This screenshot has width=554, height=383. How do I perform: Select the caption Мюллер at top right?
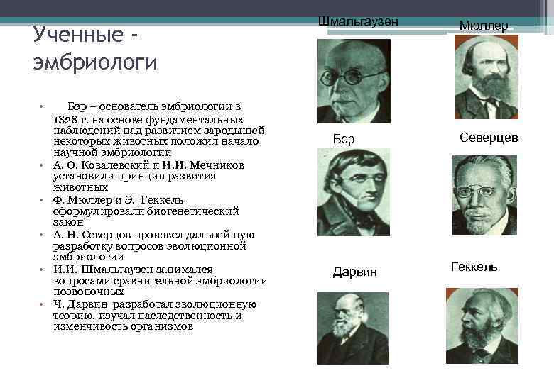coord(484,26)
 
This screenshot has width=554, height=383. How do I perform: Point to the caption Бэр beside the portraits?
coord(344,138)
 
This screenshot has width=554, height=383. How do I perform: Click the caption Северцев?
coord(489,138)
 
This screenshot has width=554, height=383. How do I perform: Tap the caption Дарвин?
coord(355,272)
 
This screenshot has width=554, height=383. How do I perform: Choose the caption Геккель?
coord(474,267)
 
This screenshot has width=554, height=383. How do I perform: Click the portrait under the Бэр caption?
coord(353,192)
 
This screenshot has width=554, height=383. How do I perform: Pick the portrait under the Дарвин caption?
coord(353,327)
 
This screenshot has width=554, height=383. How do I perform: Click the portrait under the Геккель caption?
coord(482,326)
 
